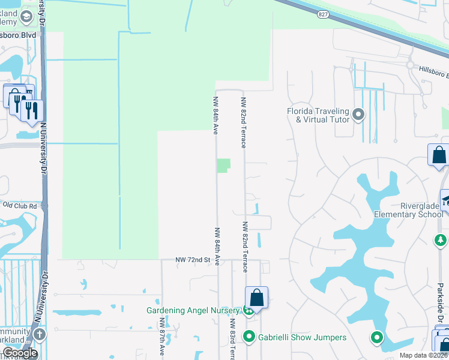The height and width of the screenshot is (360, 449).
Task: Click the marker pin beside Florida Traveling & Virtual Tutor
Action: tap(359, 114)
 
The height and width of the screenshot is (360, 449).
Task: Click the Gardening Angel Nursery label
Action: tap(193, 310)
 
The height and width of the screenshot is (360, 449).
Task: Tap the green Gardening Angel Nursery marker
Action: tap(247, 310)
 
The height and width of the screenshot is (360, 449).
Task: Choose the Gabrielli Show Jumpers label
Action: tap(302, 337)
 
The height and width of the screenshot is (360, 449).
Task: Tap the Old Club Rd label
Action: tap(20, 206)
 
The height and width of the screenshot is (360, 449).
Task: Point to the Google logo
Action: tap(20, 353)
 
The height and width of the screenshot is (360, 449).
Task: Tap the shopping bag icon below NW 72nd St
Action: tap(256, 297)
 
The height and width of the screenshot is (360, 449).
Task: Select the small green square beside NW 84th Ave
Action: tap(223, 166)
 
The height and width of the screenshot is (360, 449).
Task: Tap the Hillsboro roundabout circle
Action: tap(411, 65)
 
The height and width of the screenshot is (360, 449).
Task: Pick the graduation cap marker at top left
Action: tap(26, 17)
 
